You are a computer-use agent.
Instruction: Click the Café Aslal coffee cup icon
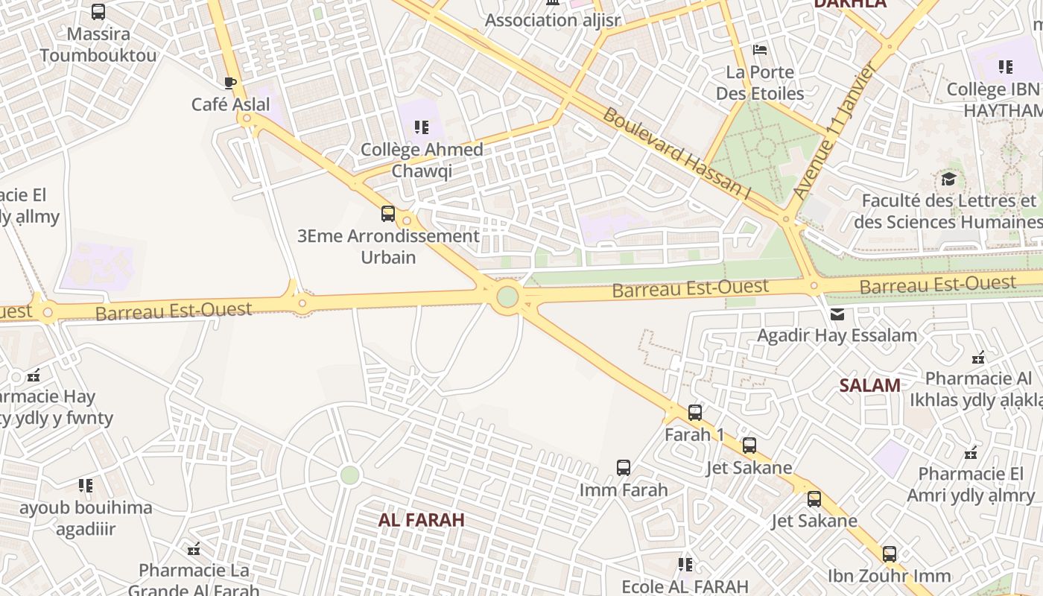[230, 83]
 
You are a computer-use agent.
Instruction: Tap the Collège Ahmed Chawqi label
[422, 160]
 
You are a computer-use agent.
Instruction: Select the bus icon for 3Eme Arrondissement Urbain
[387, 214]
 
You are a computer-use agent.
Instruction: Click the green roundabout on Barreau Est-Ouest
[507, 297]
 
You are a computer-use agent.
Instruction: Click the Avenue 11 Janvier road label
[834, 130]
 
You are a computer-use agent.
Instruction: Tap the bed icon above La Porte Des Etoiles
[760, 50]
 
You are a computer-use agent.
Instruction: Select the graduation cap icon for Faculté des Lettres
[948, 179]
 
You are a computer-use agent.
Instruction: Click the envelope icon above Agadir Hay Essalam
[837, 314]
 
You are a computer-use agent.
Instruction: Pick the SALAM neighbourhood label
[869, 385]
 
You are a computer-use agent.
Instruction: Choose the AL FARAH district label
[422, 520]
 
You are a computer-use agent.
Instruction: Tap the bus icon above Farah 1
[694, 412]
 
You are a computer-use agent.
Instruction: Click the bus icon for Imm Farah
[624, 468]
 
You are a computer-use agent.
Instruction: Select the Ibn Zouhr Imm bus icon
[889, 554]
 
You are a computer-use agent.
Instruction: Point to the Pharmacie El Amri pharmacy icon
[970, 452]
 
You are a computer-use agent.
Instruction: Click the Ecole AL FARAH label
[685, 586]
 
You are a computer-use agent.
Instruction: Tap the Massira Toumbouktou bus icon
[98, 12]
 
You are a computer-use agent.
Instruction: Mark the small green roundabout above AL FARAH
[349, 475]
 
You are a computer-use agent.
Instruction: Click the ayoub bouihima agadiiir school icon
[86, 486]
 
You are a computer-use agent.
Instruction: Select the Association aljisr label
[552, 20]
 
